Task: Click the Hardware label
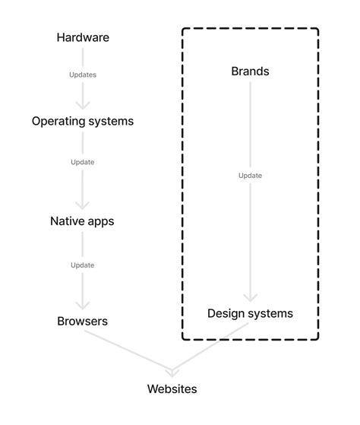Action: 83,37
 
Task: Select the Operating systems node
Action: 83,121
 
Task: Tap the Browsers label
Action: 83,321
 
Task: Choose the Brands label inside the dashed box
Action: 250,71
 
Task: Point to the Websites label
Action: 172,389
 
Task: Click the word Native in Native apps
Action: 68,221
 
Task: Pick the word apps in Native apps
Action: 101,222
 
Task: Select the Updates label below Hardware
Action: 83,75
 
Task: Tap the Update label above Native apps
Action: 83,162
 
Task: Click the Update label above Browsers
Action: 83,265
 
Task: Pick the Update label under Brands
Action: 250,176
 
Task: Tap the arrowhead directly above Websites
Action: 172,373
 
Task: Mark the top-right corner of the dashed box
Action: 317,30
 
